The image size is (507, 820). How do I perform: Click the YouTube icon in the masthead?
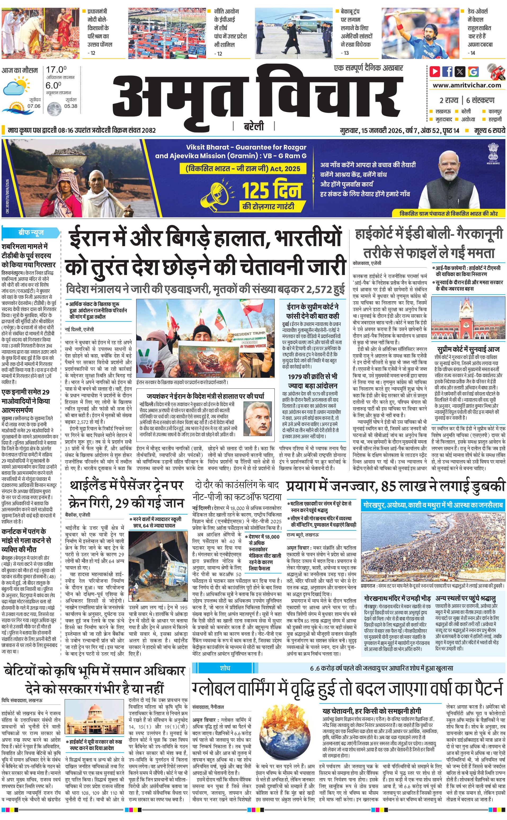(435, 72)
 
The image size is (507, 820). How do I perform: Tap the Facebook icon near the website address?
(447, 72)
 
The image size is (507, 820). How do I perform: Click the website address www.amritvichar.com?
(467, 85)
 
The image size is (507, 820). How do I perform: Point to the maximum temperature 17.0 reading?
(56, 70)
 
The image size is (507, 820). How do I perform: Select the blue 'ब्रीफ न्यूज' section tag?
(31, 232)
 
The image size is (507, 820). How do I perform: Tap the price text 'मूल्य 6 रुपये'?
(490, 130)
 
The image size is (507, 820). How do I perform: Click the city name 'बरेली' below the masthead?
(253, 126)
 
